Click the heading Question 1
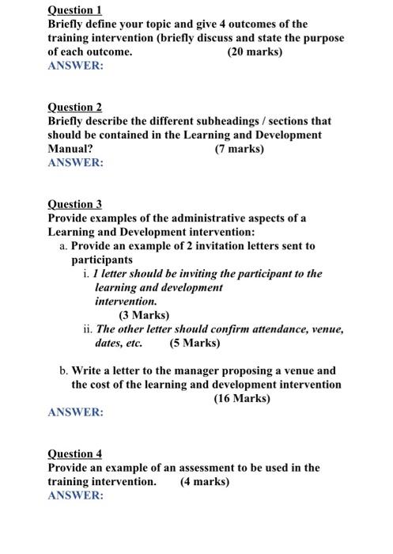(x=75, y=10)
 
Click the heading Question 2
(x=75, y=107)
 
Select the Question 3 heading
(x=75, y=203)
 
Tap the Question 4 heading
(x=75, y=453)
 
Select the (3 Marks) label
(x=144, y=315)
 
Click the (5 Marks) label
(x=195, y=343)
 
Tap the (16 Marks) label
(x=241, y=398)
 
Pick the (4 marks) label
(x=205, y=481)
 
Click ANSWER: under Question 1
(x=75, y=66)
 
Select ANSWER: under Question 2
(x=75, y=162)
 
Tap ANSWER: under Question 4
(x=75, y=495)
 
